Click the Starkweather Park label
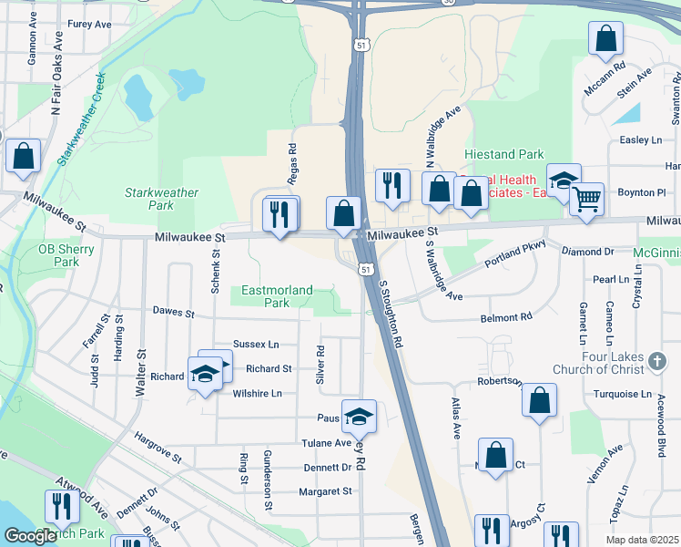tap(148, 199)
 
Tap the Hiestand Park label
tap(503, 155)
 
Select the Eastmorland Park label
tap(277, 296)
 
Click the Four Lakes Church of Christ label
tap(598, 363)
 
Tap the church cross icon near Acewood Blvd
tap(656, 363)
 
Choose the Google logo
tap(30, 536)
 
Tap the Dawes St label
tap(174, 313)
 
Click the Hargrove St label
tap(159, 447)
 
